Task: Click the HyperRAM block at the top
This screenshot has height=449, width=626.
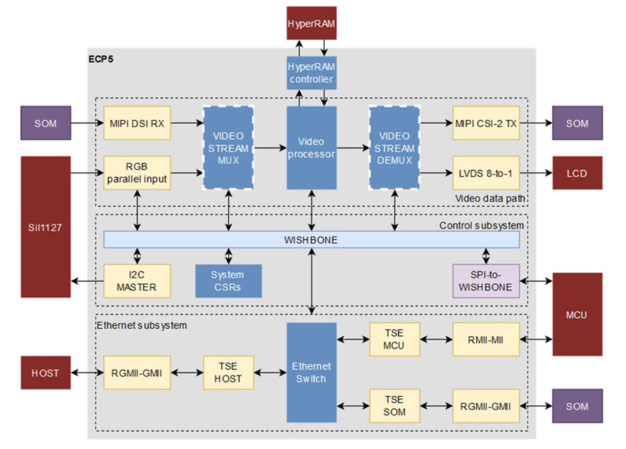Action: pos(311,24)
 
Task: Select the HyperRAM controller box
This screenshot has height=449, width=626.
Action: pos(311,73)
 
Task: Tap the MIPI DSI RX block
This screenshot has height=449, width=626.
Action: pos(137,123)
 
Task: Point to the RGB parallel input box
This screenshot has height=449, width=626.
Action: pos(137,173)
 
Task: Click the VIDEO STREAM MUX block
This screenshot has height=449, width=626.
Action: pos(227,148)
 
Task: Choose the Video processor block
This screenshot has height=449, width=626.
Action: pos(311,148)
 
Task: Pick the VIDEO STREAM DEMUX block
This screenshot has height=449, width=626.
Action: pos(395,148)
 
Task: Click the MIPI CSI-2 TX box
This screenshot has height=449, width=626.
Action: pos(485,123)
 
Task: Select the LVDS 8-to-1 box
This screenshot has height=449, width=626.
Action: pos(485,173)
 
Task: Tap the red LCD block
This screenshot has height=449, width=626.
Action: pos(576,173)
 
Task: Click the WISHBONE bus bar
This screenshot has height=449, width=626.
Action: pos(311,239)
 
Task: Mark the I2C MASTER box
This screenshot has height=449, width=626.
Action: pos(137,281)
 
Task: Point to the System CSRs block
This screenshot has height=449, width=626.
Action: pos(227,281)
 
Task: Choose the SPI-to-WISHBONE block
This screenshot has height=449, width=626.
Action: pos(485,281)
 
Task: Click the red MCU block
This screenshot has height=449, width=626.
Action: pos(576,314)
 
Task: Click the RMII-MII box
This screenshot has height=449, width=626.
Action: pos(485,339)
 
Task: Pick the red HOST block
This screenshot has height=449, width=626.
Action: pos(45,372)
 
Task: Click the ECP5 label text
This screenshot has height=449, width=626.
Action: pos(102,58)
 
